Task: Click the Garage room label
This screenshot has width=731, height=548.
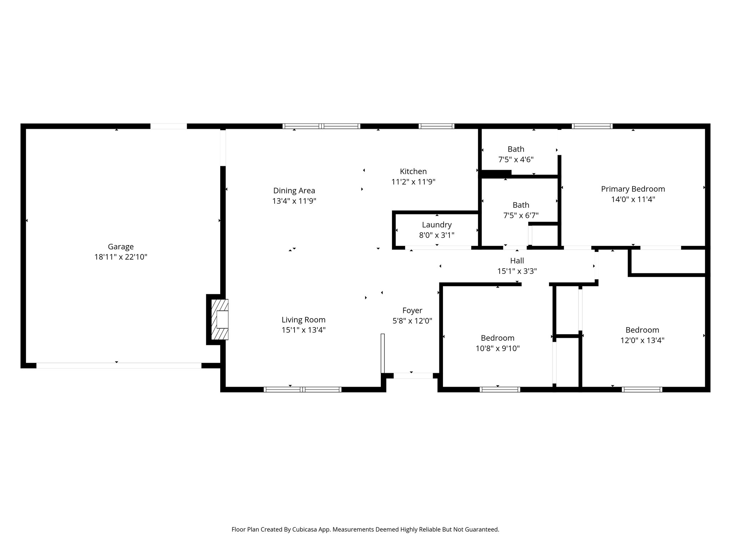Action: (x=121, y=247)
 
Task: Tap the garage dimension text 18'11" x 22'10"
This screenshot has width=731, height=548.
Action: (x=121, y=257)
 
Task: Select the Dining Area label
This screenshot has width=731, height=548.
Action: (x=294, y=191)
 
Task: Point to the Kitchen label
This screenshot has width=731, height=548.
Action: (x=413, y=171)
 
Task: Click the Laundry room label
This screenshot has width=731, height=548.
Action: (x=437, y=225)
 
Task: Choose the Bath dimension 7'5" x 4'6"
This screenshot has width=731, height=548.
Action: (x=516, y=159)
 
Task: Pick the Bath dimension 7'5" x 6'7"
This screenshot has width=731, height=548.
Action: (x=521, y=215)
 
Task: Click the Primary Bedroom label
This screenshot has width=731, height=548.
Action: (x=633, y=189)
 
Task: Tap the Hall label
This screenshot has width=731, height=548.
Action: (x=517, y=261)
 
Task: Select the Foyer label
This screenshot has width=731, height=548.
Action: (x=412, y=310)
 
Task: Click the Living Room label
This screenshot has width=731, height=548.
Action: (x=303, y=320)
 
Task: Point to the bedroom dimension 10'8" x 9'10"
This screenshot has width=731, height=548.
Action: (x=498, y=348)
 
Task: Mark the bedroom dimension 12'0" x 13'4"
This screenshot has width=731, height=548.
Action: (x=642, y=340)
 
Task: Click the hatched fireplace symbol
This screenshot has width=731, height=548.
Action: (x=220, y=319)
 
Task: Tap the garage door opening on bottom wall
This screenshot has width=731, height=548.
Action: (x=119, y=365)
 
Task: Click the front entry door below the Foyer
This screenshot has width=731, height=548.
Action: (x=413, y=376)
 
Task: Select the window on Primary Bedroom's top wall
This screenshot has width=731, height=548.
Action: (x=592, y=126)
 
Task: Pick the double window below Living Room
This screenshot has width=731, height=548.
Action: (x=302, y=390)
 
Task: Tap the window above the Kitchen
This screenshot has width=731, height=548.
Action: (x=436, y=126)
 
